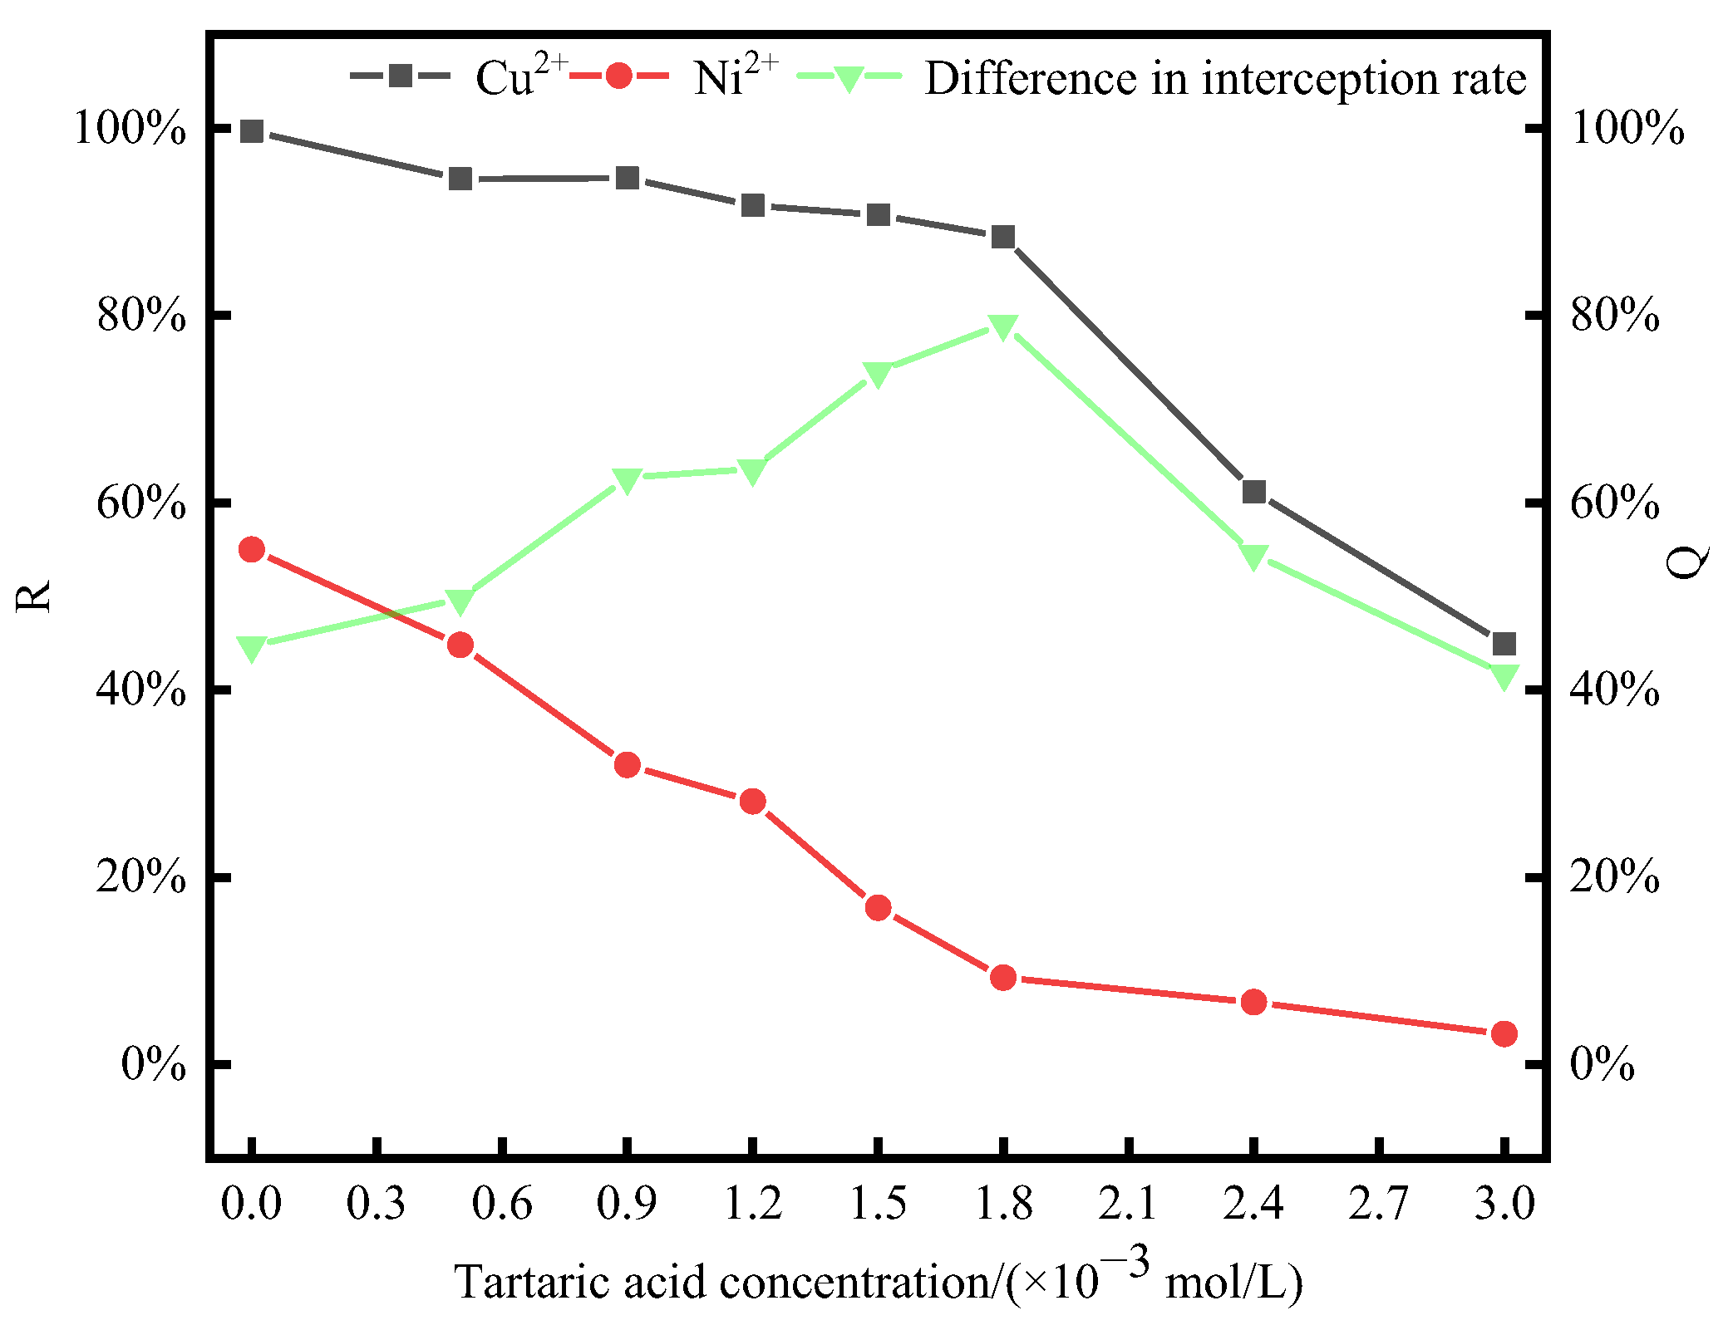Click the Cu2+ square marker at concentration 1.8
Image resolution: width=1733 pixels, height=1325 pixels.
(x=1003, y=238)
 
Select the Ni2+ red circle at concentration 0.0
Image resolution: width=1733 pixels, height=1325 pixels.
(x=252, y=549)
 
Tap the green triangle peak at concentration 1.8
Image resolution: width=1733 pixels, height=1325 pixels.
(x=1003, y=326)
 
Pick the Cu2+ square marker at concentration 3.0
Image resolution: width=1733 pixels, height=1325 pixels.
(x=1504, y=644)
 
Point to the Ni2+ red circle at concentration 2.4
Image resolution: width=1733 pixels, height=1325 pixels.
(x=1253, y=1002)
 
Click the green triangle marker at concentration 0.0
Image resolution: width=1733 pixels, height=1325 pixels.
(x=252, y=647)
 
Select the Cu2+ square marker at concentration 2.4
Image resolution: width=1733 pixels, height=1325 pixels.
(x=1253, y=492)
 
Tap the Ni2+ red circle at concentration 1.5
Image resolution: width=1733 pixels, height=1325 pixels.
(x=878, y=907)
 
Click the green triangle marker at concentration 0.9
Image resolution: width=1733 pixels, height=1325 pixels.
(x=628, y=479)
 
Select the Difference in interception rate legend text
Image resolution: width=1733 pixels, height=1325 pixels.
(x=1225, y=79)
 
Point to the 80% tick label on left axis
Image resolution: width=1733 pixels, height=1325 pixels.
(x=140, y=316)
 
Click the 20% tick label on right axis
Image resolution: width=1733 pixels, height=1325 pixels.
(x=1614, y=877)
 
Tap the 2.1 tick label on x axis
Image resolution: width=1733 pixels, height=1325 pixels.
(x=1128, y=1204)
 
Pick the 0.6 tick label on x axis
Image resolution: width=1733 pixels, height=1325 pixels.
(x=502, y=1204)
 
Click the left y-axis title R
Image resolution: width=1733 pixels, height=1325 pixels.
(x=34, y=596)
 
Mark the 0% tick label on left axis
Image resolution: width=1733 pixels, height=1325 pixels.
(x=153, y=1064)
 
